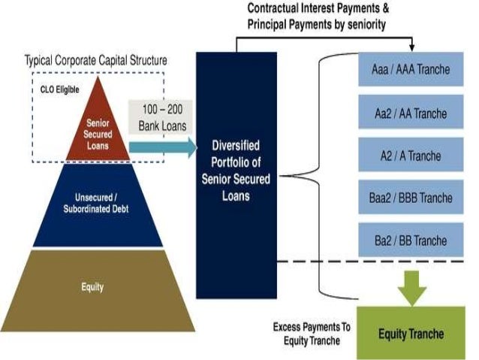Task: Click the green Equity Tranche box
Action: [410, 333]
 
